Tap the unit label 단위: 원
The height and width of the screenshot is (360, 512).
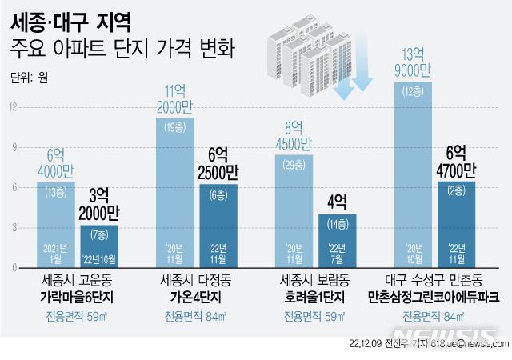coord(30,78)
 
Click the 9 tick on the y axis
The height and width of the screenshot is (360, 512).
coord(13,146)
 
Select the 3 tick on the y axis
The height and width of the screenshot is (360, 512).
coord(13,228)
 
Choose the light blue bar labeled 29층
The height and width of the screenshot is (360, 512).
coord(293,212)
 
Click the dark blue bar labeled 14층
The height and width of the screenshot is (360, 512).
coord(336,241)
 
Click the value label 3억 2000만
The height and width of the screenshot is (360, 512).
coord(100,206)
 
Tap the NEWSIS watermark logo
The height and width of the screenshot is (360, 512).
coord(447,335)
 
